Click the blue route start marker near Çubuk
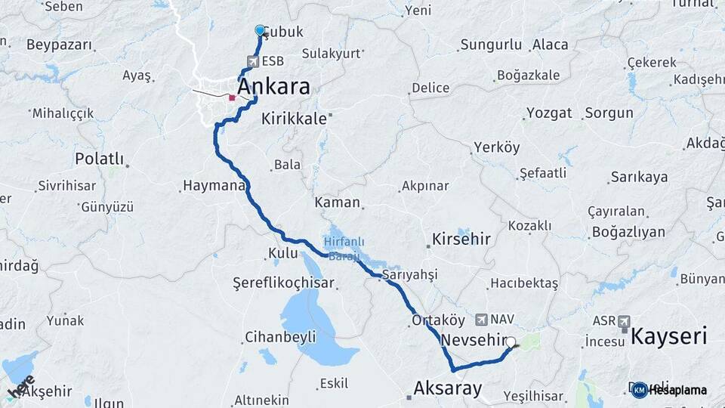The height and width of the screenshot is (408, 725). coord(260,30)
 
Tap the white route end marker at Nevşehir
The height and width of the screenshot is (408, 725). coord(511,342)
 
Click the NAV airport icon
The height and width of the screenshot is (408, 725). coord(481,320)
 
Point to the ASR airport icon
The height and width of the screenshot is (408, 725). coord(624,322)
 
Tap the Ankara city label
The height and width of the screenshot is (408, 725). coord(273,87)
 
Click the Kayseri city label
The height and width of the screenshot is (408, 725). coord(668,336)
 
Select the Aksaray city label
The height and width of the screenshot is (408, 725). coord(447,388)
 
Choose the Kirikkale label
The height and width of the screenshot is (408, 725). coord(294,119)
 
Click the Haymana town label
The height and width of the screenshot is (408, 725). coord(214,185)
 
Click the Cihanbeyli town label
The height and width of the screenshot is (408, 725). coord(279,337)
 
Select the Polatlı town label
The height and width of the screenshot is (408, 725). coord(99,159)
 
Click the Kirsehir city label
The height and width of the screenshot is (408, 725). coord(461,240)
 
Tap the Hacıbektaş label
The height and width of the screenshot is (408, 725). coord(524,283)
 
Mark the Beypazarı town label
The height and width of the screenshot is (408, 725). coord(58,45)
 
